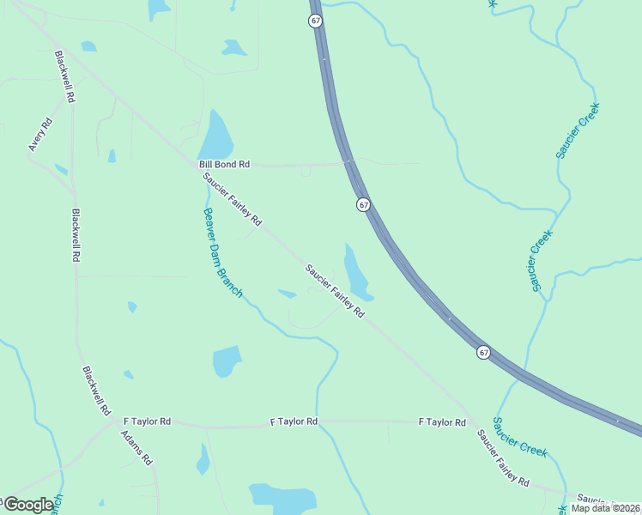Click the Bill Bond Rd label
click(224, 163)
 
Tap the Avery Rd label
click(40, 135)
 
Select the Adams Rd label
click(136, 446)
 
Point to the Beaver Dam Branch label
click(222, 253)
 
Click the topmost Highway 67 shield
click(316, 21)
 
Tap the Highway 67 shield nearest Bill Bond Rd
click(364, 205)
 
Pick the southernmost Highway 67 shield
click(484, 353)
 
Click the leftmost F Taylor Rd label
click(148, 421)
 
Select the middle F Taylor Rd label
click(294, 421)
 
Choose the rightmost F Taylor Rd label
click(442, 422)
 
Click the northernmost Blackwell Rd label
click(65, 77)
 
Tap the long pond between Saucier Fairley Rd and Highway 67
click(357, 273)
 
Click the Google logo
click(28, 505)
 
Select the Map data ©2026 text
click(605, 508)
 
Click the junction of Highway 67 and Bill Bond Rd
click(348, 162)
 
